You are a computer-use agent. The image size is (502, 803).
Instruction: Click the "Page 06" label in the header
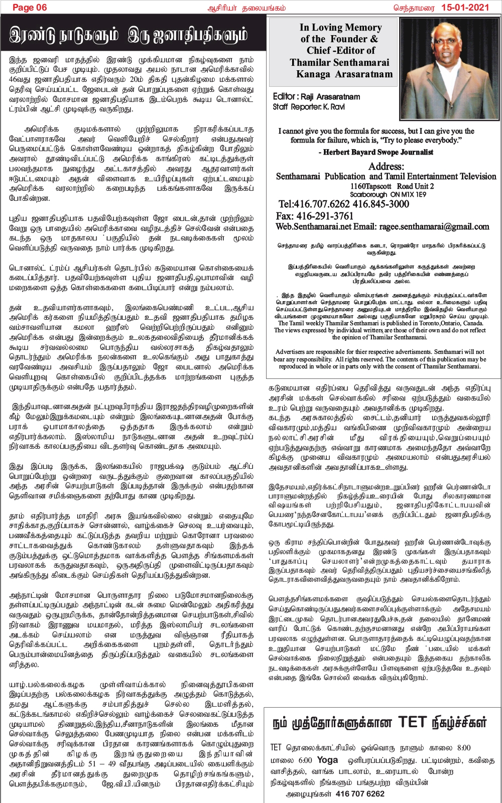pos(30,7)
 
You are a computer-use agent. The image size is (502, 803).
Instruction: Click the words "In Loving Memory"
pos(341,28)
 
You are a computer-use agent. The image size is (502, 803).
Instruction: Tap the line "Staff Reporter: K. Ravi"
pos(309,107)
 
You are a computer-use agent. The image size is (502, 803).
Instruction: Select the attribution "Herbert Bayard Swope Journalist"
pos(378,152)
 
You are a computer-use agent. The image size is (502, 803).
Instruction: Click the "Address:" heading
pos(386,166)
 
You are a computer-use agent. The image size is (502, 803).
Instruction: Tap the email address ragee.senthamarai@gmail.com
pos(435,227)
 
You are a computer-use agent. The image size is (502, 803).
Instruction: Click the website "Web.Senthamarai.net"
pos(313,227)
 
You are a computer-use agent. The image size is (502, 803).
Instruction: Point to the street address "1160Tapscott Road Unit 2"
pos(392,186)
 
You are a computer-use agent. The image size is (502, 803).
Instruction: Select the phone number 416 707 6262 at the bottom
pos(360,793)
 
